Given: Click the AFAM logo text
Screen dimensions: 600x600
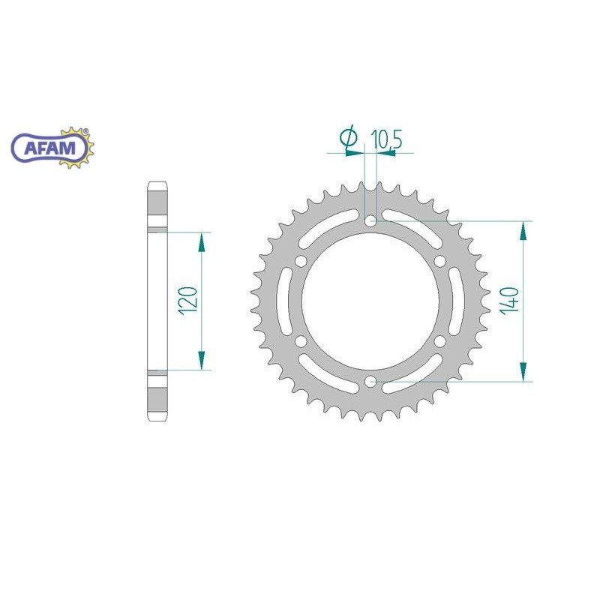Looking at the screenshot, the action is pyautogui.click(x=49, y=148).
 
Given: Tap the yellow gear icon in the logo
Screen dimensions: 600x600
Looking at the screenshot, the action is pyautogui.click(x=76, y=148).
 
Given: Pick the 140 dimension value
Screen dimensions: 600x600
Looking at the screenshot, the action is pyautogui.click(x=511, y=301).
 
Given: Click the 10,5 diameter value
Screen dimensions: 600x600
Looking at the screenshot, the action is pyautogui.click(x=386, y=139).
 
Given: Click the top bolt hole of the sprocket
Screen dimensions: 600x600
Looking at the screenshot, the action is pyautogui.click(x=370, y=220).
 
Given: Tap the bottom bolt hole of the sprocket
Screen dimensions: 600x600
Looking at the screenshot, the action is pyautogui.click(x=370, y=381).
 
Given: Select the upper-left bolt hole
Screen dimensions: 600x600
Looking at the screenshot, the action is pyautogui.click(x=301, y=261).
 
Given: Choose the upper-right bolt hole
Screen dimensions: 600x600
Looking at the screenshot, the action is pyautogui.click(x=440, y=261).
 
